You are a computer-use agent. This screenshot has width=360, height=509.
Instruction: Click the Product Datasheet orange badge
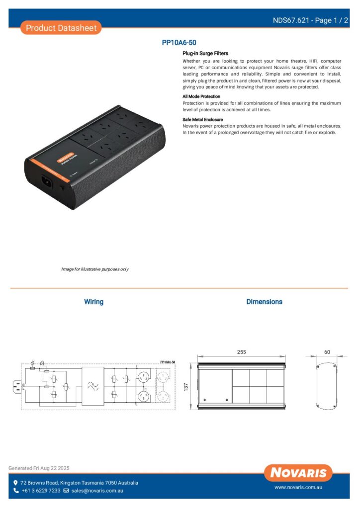tap(61, 28)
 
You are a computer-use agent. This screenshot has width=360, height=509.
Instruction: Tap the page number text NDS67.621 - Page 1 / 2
tap(310, 20)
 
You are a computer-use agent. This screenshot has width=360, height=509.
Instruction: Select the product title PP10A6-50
tap(182, 43)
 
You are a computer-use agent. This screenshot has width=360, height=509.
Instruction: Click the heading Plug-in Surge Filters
tap(205, 53)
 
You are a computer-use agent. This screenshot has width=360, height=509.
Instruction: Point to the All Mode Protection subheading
tap(201, 96)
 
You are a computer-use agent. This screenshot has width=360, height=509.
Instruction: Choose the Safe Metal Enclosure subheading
tap(202, 120)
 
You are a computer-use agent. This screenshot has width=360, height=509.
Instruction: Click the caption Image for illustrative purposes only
tap(95, 269)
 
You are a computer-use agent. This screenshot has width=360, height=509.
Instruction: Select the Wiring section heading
tap(93, 302)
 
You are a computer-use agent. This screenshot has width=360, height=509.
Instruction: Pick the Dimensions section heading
tap(264, 302)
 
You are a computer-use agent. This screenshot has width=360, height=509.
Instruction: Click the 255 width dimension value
tap(241, 352)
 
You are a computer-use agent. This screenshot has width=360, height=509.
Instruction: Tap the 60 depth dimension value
tap(327, 352)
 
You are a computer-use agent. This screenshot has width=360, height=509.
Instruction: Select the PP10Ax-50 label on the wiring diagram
tap(168, 363)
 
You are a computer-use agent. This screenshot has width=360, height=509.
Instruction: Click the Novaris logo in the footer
tap(298, 473)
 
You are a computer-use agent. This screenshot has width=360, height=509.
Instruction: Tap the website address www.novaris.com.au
tap(298, 488)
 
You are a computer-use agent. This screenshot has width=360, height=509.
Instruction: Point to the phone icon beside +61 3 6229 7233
tap(16, 491)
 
